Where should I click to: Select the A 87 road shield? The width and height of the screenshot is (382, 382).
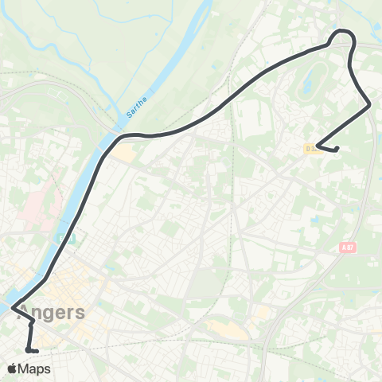tap(345, 248)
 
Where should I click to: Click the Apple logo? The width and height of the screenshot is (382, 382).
tap(12, 368)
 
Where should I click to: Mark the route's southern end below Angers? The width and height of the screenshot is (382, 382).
tap(28, 349)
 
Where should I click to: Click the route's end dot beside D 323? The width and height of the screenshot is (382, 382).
tap(337, 149)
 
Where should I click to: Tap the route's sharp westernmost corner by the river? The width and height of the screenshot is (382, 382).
tap(12, 304)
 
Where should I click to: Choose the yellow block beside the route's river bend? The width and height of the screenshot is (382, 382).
tap(123, 151)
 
